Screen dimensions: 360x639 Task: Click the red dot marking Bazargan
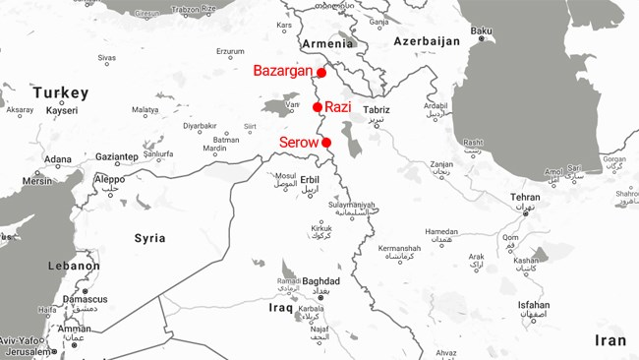click(x=321, y=72)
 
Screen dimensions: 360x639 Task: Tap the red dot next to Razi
click(x=318, y=107)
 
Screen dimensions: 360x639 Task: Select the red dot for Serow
click(x=326, y=143)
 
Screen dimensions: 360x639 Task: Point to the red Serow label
click(x=299, y=143)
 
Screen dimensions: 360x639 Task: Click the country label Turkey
click(x=60, y=93)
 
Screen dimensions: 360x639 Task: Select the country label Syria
click(x=149, y=238)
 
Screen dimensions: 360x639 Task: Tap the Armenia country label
click(x=327, y=43)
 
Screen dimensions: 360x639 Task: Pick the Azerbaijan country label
click(x=427, y=41)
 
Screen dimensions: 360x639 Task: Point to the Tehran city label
click(x=525, y=198)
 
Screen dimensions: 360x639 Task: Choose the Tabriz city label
click(x=377, y=110)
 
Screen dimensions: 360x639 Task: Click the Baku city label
click(x=481, y=31)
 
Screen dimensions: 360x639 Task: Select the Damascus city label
click(x=85, y=298)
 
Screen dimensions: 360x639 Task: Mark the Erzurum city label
click(x=229, y=51)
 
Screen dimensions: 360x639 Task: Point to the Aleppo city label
click(x=109, y=179)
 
